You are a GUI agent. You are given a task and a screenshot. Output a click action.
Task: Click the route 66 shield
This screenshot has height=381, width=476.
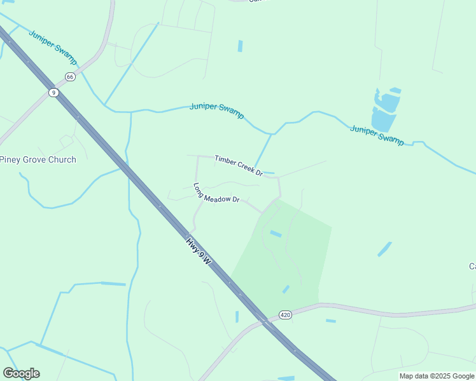point(70,77)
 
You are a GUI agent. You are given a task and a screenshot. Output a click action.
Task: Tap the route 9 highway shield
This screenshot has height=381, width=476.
point(54,93)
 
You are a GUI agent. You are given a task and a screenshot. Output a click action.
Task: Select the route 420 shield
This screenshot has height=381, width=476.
point(285,315)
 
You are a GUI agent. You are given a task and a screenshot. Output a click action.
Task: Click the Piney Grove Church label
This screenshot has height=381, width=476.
point(38,159)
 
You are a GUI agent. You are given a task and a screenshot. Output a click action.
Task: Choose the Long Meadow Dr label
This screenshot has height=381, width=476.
point(216,193)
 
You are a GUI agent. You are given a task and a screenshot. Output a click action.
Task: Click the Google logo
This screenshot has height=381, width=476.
point(21,373)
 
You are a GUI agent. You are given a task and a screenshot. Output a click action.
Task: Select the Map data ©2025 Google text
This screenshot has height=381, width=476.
point(437,376)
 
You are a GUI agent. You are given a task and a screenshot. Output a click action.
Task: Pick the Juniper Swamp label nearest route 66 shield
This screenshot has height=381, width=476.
point(53,47)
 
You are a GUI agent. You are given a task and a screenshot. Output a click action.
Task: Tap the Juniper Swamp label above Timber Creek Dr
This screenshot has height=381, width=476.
point(216,110)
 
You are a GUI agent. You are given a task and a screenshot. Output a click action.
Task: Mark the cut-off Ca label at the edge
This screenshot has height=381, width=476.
point(472,266)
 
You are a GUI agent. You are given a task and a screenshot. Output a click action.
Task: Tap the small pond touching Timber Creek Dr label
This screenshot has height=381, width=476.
point(269,173)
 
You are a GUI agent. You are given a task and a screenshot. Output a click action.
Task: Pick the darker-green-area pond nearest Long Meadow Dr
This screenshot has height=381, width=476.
point(276,234)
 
